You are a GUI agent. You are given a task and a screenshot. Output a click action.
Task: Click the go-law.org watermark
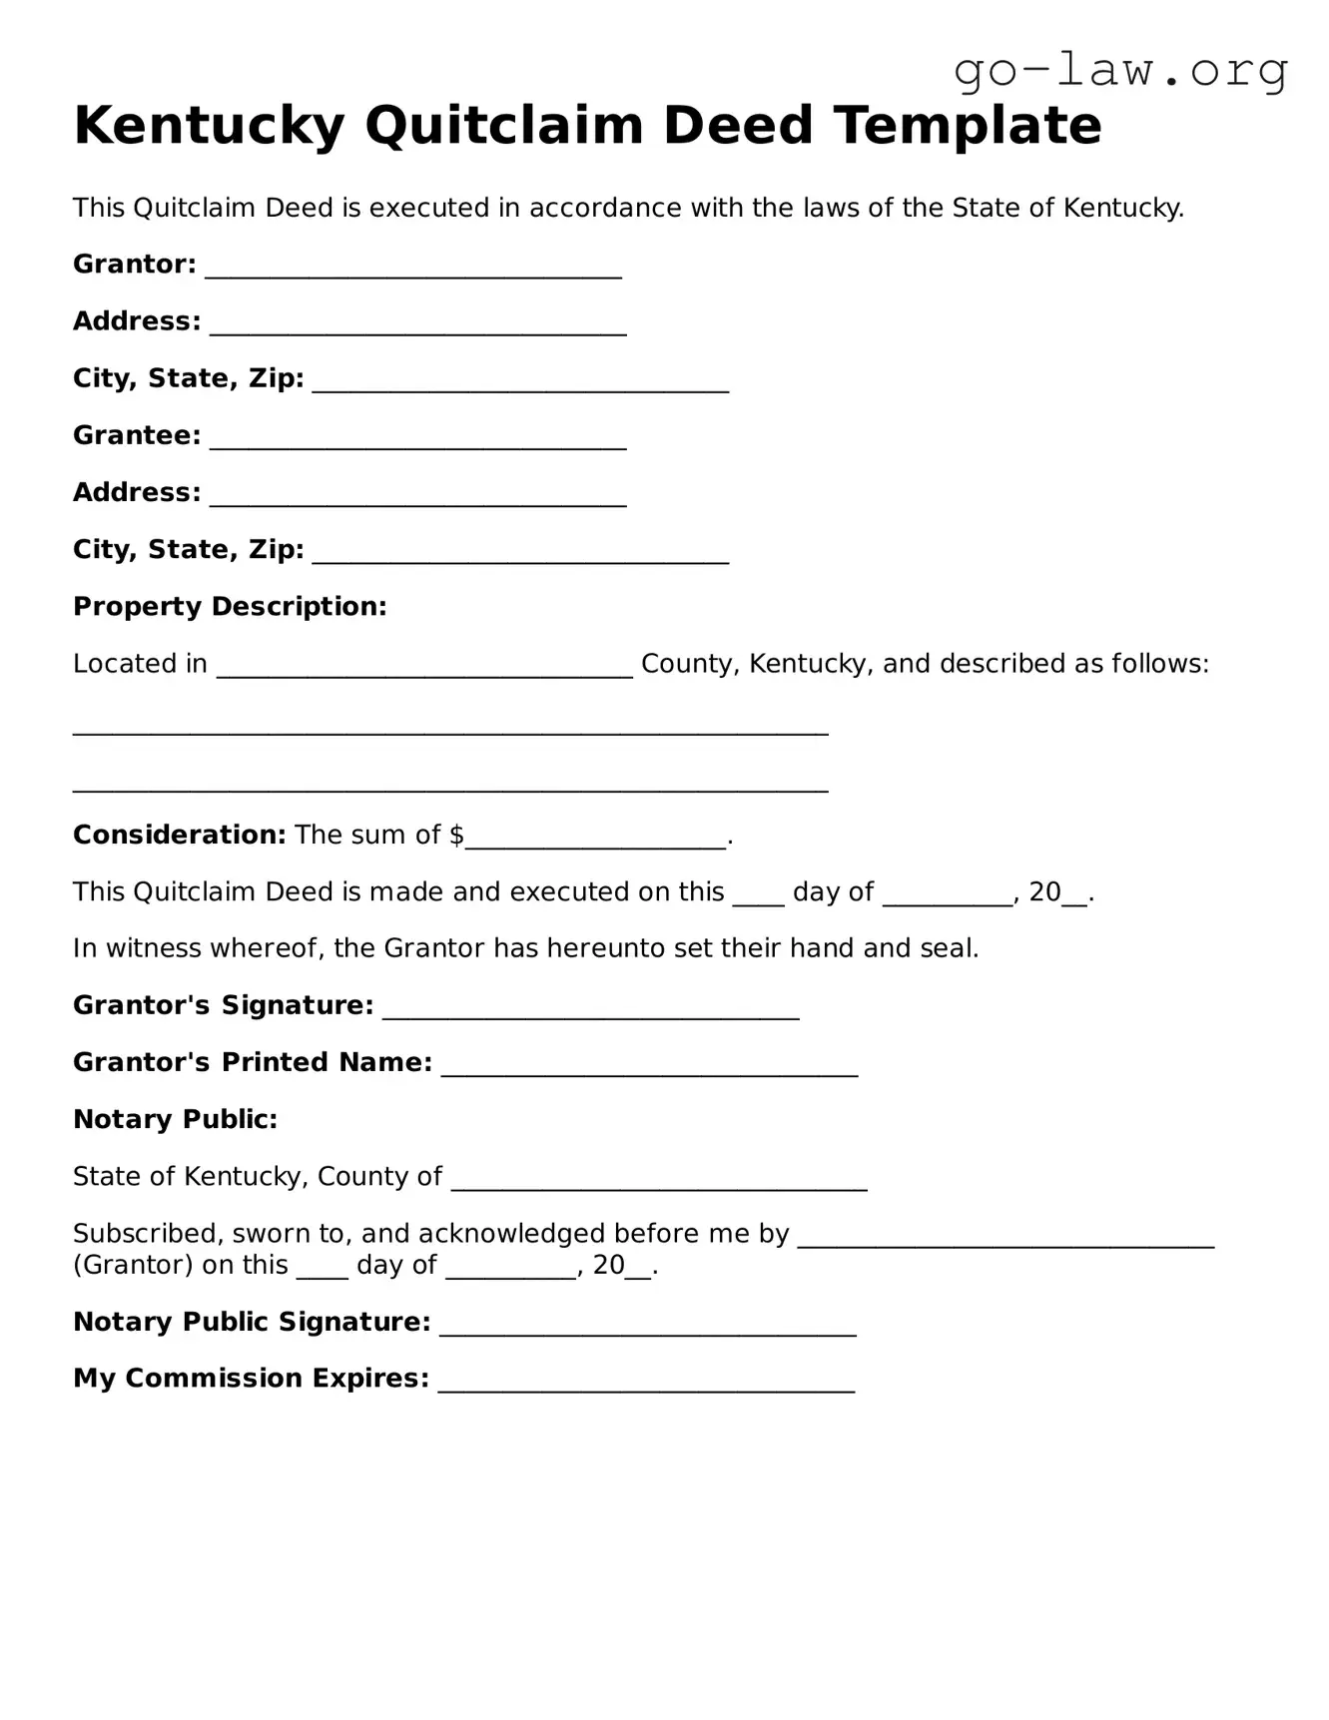coord(1120,72)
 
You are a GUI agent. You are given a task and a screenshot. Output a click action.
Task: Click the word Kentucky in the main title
coord(209,127)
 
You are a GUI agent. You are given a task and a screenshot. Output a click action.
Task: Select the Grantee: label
coord(137,436)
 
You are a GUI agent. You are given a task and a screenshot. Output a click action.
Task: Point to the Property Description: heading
coord(230,607)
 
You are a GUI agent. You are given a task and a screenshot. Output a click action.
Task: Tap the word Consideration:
coord(180,836)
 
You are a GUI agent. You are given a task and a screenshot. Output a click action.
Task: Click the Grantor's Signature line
coord(590,1009)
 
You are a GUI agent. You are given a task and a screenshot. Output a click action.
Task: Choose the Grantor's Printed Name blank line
coord(649,1066)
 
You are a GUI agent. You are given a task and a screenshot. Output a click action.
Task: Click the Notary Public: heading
coord(175,1120)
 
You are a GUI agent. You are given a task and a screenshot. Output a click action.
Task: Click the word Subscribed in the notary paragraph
coord(148,1234)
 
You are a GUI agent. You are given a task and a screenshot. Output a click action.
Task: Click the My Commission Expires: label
coord(251,1379)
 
